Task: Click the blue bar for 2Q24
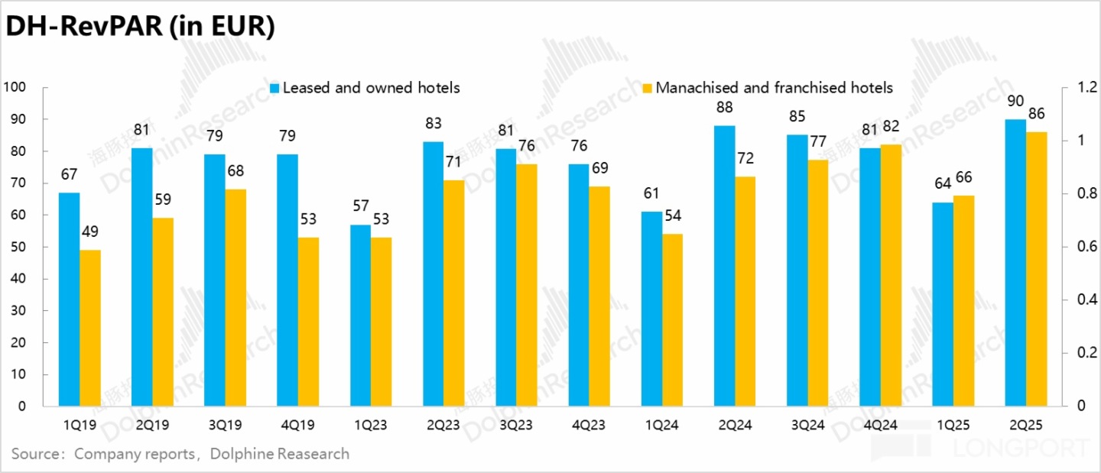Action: [725, 266]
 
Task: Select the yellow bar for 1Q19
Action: [90, 328]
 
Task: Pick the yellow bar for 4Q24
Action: [891, 275]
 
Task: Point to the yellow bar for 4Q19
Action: [308, 322]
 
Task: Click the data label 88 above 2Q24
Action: [725, 108]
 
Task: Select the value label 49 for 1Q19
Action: [90, 232]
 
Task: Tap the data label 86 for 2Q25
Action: [1036, 115]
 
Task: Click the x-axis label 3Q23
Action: [515, 426]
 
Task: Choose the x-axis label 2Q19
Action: [152, 426]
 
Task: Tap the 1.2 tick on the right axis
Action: [1078, 87]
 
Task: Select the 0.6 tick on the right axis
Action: [1078, 247]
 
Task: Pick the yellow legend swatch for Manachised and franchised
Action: [648, 88]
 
